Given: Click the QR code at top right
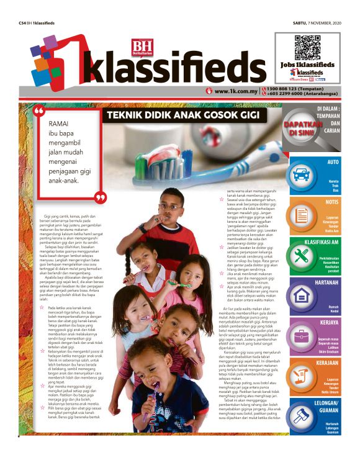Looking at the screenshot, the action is click(308, 48).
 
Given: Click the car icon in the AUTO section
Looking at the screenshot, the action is click(302, 175).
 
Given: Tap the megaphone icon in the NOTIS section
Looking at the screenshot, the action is click(302, 215).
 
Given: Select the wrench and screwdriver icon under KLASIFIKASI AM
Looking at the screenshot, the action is click(302, 255).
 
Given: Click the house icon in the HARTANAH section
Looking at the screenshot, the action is click(302, 295).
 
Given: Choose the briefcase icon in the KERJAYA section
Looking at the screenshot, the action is click(302, 336).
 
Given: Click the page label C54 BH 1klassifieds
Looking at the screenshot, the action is click(37, 23).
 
